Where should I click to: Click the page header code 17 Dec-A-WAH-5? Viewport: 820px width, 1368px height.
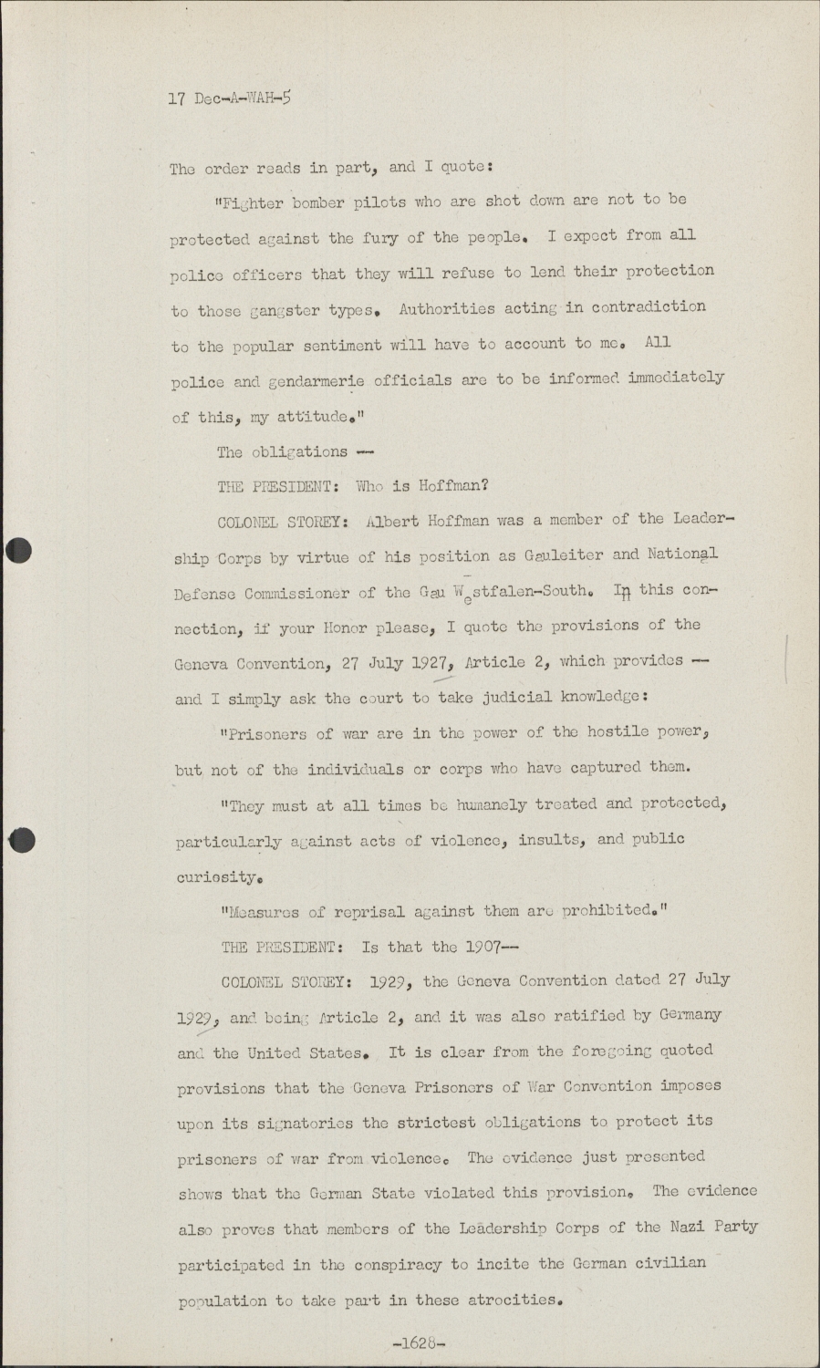tap(230, 98)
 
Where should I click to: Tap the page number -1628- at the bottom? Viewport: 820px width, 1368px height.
tap(419, 1342)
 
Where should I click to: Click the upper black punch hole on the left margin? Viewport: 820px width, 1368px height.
tap(18, 551)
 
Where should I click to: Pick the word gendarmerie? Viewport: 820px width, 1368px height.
tap(302, 381)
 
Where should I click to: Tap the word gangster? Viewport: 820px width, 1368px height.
tap(285, 311)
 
